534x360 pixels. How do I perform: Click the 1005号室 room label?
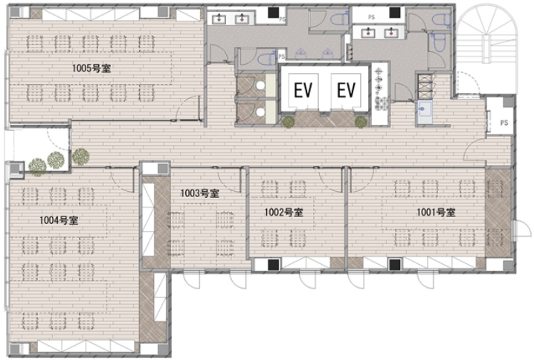pyautogui.click(x=91, y=68)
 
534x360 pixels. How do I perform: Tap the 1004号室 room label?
pyautogui.click(x=59, y=220)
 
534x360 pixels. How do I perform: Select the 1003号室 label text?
pyautogui.click(x=199, y=193)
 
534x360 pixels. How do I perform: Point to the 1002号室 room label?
pyautogui.click(x=283, y=213)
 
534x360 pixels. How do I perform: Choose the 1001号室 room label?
pyautogui.click(x=436, y=213)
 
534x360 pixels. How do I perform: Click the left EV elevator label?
pyautogui.click(x=303, y=90)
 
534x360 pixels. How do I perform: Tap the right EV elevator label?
pyautogui.click(x=347, y=90)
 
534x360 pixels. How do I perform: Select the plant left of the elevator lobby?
pyautogui.click(x=289, y=122)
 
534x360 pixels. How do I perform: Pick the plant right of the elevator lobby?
pyautogui.click(x=361, y=122)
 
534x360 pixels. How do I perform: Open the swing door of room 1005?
pyautogui.click(x=188, y=109)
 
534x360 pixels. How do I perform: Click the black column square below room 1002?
pyautogui.click(x=273, y=265)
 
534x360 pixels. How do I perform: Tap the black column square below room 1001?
pyautogui.click(x=395, y=265)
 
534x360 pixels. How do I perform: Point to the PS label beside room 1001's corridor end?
pyautogui.click(x=504, y=123)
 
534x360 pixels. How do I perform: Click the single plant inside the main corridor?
pyautogui.click(x=81, y=157)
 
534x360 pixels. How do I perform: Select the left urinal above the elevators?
pyautogui.click(x=300, y=54)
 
